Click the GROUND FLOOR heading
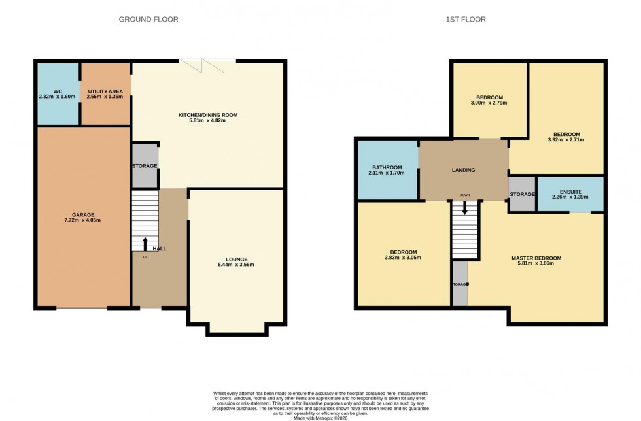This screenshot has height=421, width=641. pos(148,20)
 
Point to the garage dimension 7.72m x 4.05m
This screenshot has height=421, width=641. pos(83,220)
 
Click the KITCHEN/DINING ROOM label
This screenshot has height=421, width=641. pos(208,115)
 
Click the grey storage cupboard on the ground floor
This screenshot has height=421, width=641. pos(145,166)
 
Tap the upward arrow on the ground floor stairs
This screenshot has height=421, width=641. pos(145,243)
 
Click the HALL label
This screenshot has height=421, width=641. pos(159,249)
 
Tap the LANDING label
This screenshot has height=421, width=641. pos(463,170)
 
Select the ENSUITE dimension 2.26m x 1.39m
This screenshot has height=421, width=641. pos(570,197)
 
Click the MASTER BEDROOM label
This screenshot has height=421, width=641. pos(536,258)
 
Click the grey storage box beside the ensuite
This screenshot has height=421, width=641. pos(522,194)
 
